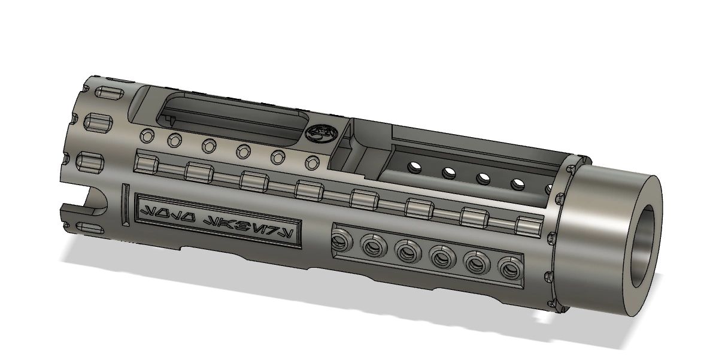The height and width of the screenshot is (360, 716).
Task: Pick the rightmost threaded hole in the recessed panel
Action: pos(508,267)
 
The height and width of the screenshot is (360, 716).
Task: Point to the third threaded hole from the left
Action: pos(407,250)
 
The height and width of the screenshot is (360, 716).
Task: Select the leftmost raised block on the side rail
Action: pos(146,163)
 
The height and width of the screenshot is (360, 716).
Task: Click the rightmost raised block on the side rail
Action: pos(528,226)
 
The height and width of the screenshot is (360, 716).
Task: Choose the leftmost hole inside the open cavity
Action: pos(414,167)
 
